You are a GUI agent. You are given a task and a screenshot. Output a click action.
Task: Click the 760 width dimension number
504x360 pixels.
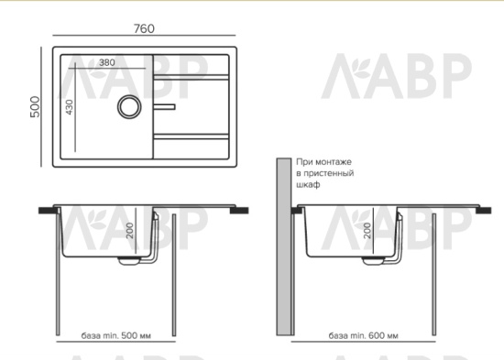[144, 28]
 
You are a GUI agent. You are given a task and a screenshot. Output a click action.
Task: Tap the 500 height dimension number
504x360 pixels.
[35, 106]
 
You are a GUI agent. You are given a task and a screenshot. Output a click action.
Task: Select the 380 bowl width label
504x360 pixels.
[106, 62]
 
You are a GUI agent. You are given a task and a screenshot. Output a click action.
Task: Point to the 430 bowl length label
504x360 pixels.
[70, 107]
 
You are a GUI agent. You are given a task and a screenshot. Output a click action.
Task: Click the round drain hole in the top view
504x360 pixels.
[129, 106]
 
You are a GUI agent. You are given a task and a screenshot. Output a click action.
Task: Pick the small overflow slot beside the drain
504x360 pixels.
[164, 106]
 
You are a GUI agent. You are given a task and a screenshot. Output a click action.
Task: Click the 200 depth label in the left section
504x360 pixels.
[130, 230]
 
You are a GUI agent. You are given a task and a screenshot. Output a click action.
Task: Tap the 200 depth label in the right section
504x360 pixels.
[367, 230]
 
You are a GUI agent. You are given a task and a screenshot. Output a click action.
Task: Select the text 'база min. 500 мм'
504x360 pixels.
[115, 335]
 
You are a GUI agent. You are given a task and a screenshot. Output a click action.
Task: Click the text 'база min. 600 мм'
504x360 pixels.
[363, 335]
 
